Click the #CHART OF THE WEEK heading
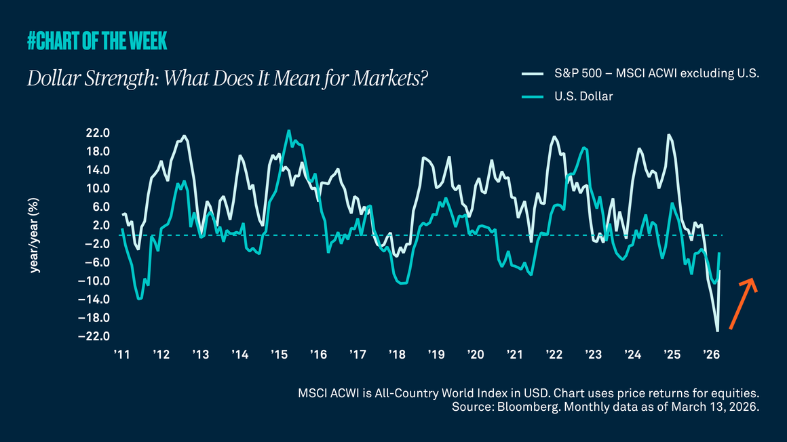point(97,42)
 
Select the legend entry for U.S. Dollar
point(582,96)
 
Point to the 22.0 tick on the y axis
point(97,133)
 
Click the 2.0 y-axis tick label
point(100,226)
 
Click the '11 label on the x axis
point(122,355)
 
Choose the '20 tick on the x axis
point(476,355)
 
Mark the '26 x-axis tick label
point(711,355)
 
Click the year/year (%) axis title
point(33,235)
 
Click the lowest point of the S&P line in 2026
point(717,331)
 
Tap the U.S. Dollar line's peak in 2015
point(288,131)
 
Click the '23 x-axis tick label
point(594,355)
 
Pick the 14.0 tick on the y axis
point(97,170)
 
